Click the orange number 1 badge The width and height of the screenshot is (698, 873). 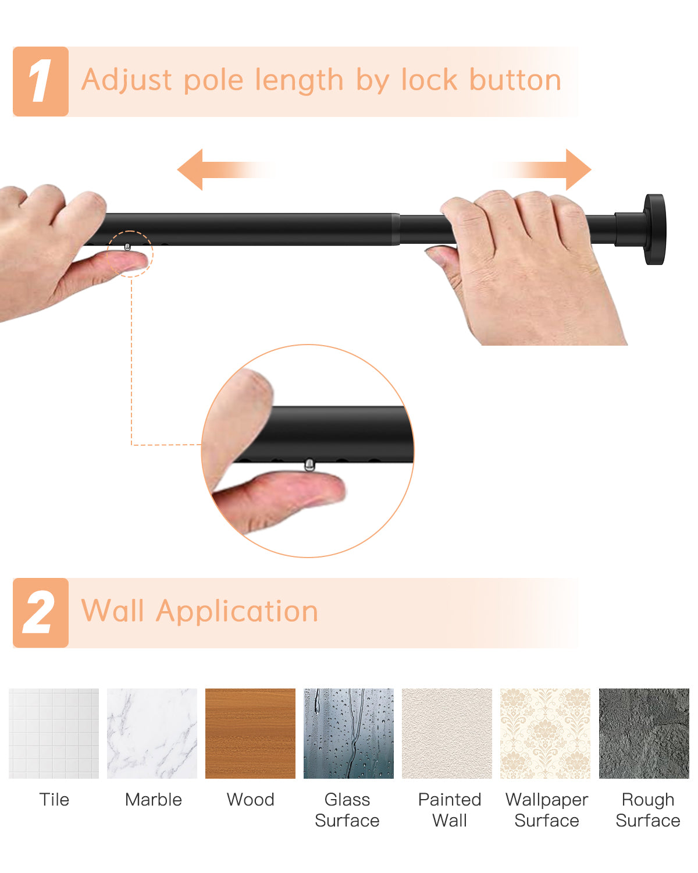41,81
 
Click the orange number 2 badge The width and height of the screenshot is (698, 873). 41,613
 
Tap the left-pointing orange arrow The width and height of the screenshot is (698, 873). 225,169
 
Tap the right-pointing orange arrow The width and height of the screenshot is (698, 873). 542,169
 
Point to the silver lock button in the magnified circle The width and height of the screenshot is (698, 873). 309,464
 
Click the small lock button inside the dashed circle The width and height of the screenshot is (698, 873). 127,247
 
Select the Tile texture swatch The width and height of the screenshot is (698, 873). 54,733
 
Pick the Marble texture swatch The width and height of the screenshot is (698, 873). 152,733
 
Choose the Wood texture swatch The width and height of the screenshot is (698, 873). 250,733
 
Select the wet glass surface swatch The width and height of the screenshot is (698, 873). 348,733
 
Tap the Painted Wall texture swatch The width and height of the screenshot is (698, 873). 447,733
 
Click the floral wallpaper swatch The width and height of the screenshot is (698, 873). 545,733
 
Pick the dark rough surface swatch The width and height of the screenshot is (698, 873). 644,733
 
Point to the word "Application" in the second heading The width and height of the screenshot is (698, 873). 237,612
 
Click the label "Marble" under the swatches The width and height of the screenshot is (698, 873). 154,800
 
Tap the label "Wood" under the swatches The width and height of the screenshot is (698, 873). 251,800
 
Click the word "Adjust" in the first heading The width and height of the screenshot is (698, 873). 127,80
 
